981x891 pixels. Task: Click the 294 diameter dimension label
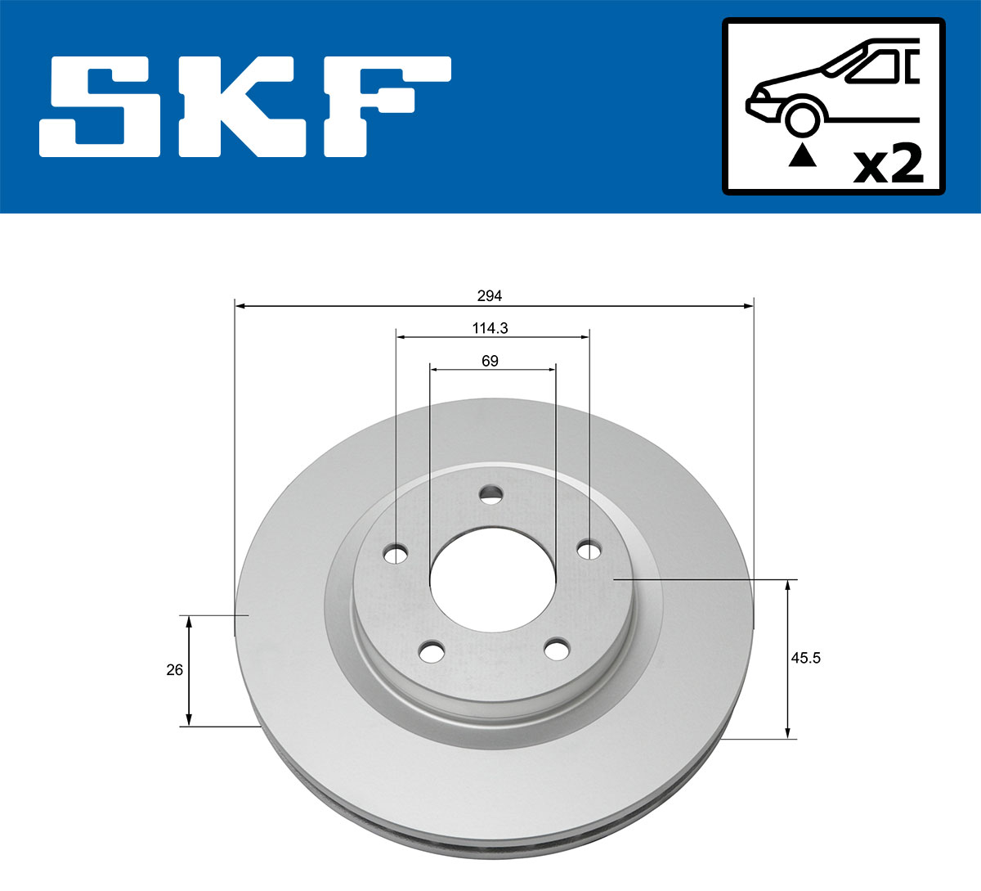tap(490, 295)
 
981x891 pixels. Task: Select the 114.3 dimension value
tap(490, 328)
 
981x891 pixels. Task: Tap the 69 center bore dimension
tap(490, 361)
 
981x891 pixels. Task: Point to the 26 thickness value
tap(174, 670)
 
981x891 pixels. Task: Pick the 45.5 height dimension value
tap(805, 658)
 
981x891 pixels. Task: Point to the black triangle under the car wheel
tap(802, 155)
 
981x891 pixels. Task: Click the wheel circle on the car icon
tap(802, 118)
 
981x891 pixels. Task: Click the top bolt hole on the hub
tap(491, 493)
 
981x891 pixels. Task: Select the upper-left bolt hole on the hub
tap(396, 555)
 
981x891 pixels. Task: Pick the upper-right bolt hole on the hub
tap(588, 550)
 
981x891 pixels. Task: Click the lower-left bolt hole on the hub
tap(432, 652)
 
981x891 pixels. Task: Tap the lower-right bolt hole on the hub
tap(557, 650)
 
